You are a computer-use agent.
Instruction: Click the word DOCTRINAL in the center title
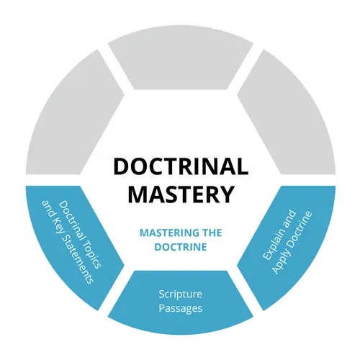180,167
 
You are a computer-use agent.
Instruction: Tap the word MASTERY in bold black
180,194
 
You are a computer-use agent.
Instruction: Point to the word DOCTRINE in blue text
180,246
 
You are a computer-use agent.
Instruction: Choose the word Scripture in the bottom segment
180,294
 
